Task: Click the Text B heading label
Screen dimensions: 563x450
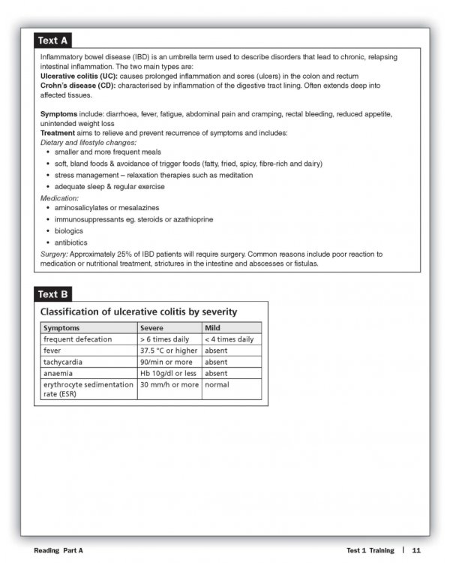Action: pyautogui.click(x=53, y=294)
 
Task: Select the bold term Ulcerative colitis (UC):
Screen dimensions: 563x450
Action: pyautogui.click(x=79, y=77)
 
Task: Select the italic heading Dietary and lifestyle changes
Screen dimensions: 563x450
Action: pyautogui.click(x=88, y=142)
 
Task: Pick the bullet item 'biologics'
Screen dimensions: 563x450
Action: pyautogui.click(x=70, y=231)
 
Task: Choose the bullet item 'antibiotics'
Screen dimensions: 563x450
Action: pyautogui.click(x=72, y=243)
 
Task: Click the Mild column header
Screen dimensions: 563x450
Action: pyautogui.click(x=213, y=328)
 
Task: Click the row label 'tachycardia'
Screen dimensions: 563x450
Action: pyautogui.click(x=64, y=362)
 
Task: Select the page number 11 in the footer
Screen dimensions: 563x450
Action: pyautogui.click(x=415, y=550)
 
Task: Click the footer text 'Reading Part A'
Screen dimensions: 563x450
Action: pyautogui.click(x=58, y=550)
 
